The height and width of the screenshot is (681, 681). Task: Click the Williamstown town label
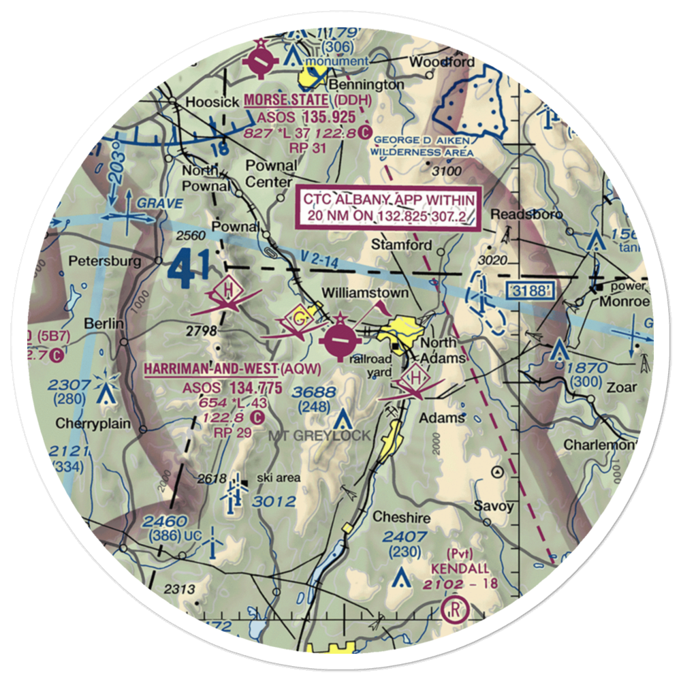[365, 293]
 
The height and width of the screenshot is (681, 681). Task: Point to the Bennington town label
[366, 84]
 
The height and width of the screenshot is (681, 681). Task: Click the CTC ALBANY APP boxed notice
[389, 208]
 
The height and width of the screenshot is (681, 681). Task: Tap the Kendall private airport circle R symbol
[452, 608]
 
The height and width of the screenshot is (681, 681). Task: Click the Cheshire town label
[401, 518]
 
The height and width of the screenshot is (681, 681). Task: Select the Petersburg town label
[114, 261]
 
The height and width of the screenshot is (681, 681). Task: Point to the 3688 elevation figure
[313, 392]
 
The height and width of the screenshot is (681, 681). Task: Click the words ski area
[278, 478]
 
